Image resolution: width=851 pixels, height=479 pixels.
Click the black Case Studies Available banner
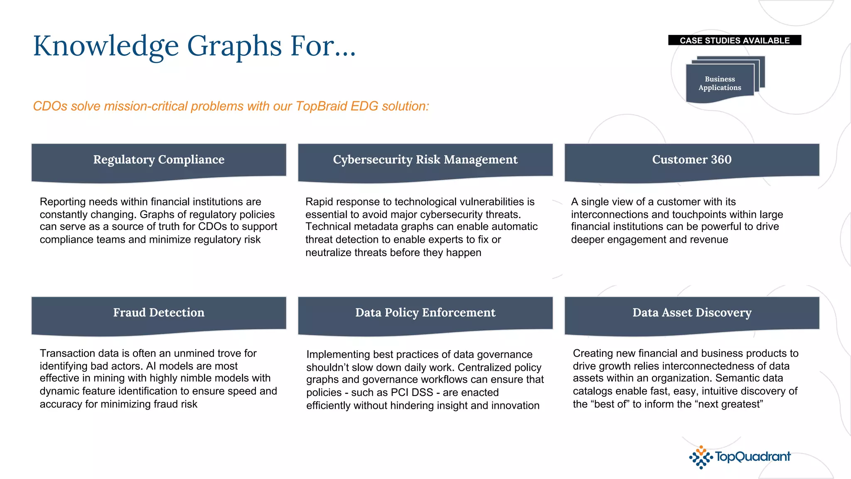tap(734, 40)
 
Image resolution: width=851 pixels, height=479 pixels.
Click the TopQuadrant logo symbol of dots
tap(701, 457)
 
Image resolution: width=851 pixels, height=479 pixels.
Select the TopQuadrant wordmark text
tap(753, 457)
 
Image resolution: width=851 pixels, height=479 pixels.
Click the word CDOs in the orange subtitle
tap(50, 106)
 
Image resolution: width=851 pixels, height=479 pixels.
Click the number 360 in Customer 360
tap(721, 160)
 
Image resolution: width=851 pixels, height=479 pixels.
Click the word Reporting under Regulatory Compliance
tap(62, 202)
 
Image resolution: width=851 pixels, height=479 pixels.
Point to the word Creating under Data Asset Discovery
tap(593, 353)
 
